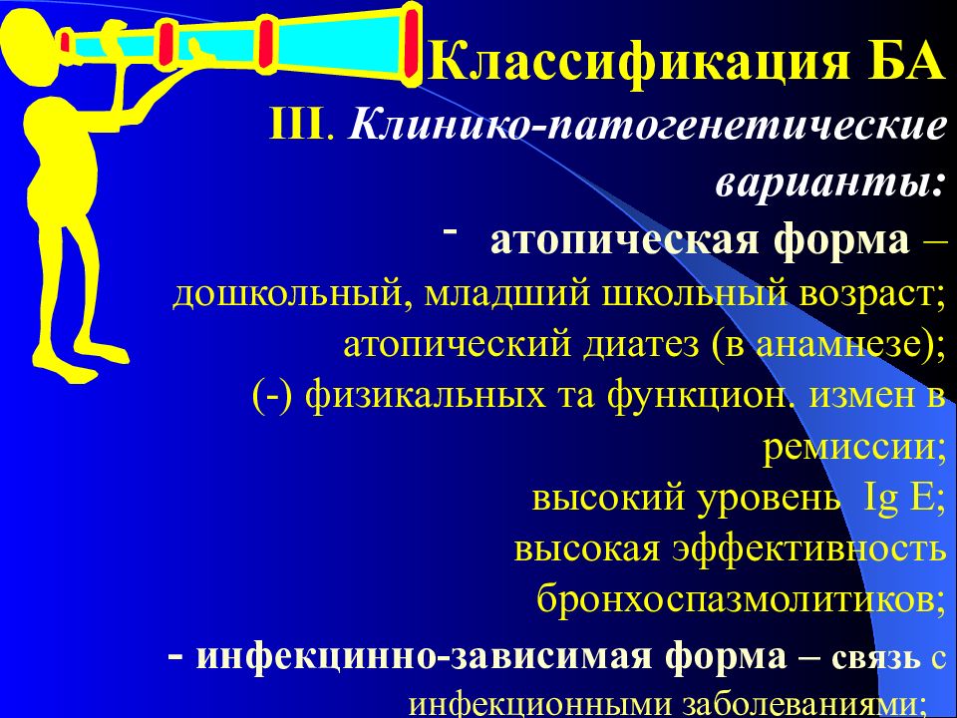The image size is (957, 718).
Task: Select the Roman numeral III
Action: [296, 125]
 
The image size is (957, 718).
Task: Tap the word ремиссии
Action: [849, 448]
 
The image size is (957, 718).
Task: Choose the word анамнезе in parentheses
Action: [830, 346]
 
